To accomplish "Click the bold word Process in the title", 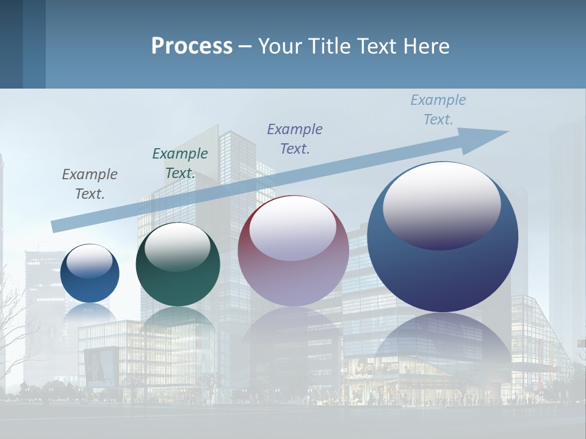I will pos(192,46).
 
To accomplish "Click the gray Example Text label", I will pos(90,184).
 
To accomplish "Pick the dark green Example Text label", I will pos(180,163).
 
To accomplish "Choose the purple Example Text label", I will pos(295,138).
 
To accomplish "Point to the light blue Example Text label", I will pos(438,110).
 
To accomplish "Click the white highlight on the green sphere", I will pos(178,247).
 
